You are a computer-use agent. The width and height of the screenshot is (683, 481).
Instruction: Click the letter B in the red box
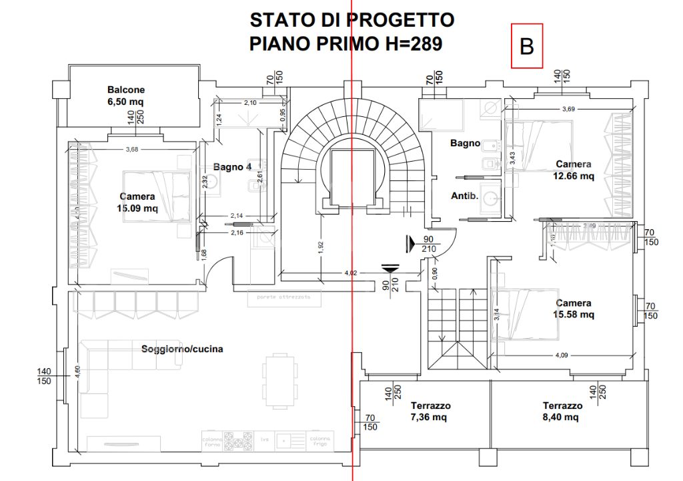point(527,47)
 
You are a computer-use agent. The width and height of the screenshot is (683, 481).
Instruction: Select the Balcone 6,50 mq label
point(126,96)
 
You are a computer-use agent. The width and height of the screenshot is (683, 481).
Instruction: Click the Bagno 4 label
point(232,167)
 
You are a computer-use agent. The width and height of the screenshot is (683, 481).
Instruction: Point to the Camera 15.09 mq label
point(137,202)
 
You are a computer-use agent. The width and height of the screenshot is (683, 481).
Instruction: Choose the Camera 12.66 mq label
point(574,170)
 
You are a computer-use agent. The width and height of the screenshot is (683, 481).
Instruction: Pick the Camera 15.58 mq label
point(574,309)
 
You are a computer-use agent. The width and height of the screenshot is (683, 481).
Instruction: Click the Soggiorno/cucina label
point(181,349)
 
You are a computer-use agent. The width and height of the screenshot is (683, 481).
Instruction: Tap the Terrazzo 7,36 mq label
point(430,412)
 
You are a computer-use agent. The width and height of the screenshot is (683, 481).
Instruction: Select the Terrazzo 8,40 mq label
point(562,412)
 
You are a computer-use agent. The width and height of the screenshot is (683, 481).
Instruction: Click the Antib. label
point(464,196)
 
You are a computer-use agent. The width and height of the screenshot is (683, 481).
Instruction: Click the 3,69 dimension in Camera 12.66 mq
point(568,109)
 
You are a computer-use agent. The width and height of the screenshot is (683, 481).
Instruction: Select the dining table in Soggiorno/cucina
point(277,381)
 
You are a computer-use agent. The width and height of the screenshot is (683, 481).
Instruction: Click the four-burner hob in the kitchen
point(238,441)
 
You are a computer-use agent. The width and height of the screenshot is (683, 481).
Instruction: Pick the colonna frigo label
point(318,441)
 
